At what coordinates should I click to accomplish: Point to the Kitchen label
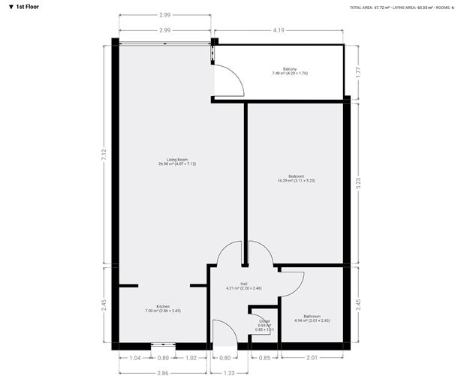pyautogui.click(x=163, y=306)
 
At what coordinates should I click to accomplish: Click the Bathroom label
pyautogui.click(x=312, y=316)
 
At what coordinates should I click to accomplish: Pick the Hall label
pyautogui.click(x=243, y=284)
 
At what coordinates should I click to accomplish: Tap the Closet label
pyautogui.click(x=264, y=321)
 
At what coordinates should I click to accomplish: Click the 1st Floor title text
pyautogui.click(x=28, y=6)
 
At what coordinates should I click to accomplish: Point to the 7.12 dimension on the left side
pyautogui.click(x=104, y=152)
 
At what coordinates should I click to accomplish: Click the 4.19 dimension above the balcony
pyautogui.click(x=279, y=30)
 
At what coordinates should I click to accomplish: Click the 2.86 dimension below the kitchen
pyautogui.click(x=162, y=371)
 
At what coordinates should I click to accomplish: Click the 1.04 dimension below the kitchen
pyautogui.click(x=135, y=358)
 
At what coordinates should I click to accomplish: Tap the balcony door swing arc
pyautogui.click(x=228, y=78)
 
